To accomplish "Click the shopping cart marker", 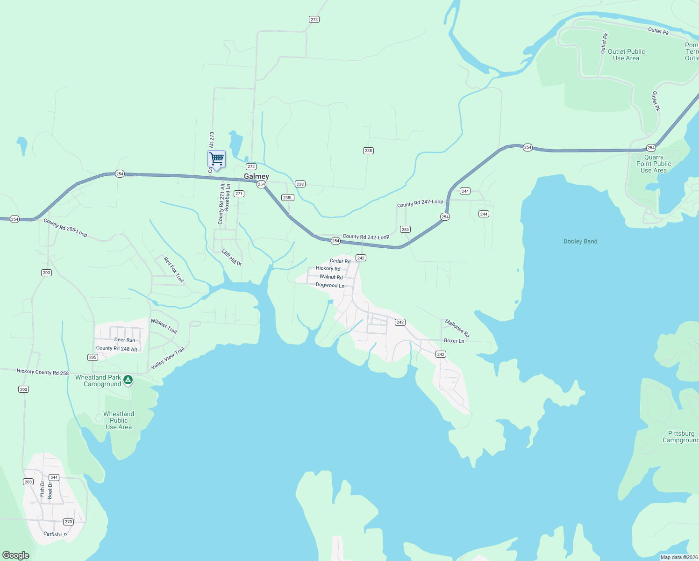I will (216, 159).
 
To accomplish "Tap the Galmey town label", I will (257, 176).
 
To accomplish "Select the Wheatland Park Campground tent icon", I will (128, 380).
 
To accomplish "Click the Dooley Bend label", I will (580, 241).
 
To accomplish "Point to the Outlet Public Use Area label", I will (626, 55).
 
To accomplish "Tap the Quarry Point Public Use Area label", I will (654, 164).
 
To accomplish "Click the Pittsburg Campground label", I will (681, 437).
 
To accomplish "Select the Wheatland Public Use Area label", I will (119, 420).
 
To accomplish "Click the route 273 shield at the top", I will (314, 19).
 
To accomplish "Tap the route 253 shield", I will (405, 229).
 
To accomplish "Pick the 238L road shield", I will (288, 197).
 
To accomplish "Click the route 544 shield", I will (54, 477).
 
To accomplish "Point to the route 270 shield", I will (69, 522).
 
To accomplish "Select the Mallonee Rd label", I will (457, 328).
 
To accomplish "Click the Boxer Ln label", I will (454, 341).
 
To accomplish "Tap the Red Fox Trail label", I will (174, 269).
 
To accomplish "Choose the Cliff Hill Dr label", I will (232, 258).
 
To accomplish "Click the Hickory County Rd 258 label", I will (43, 372).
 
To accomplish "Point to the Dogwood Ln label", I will (330, 285).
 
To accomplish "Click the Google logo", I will (16, 555).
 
